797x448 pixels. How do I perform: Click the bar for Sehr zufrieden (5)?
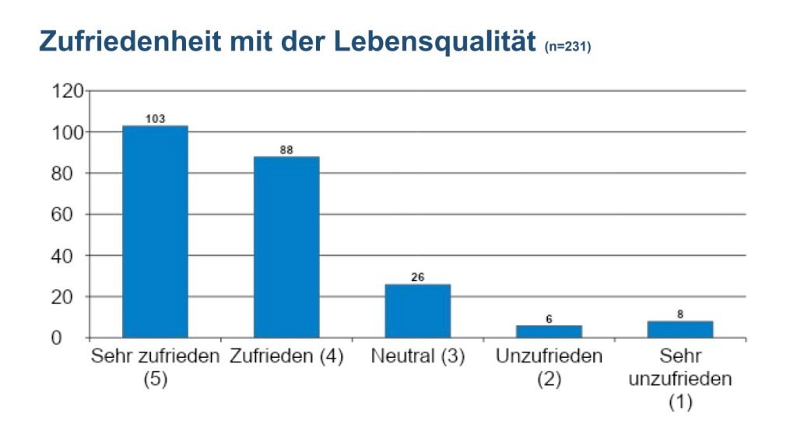155,232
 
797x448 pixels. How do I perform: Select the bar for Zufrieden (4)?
286,247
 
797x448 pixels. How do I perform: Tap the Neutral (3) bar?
417,311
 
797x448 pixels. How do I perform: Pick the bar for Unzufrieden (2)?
549,331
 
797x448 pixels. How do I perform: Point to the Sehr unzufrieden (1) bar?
679,330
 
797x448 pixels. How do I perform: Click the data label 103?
156,119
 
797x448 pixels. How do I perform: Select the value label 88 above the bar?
286,150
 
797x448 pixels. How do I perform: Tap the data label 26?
417,277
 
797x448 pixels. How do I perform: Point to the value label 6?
549,318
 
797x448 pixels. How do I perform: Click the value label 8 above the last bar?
680,314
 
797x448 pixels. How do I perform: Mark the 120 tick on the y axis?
67,92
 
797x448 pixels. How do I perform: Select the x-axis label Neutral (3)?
418,358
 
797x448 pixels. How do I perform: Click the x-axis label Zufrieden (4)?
286,358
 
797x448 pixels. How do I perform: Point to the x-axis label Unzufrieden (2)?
549,368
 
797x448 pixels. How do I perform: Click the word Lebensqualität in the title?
437,43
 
